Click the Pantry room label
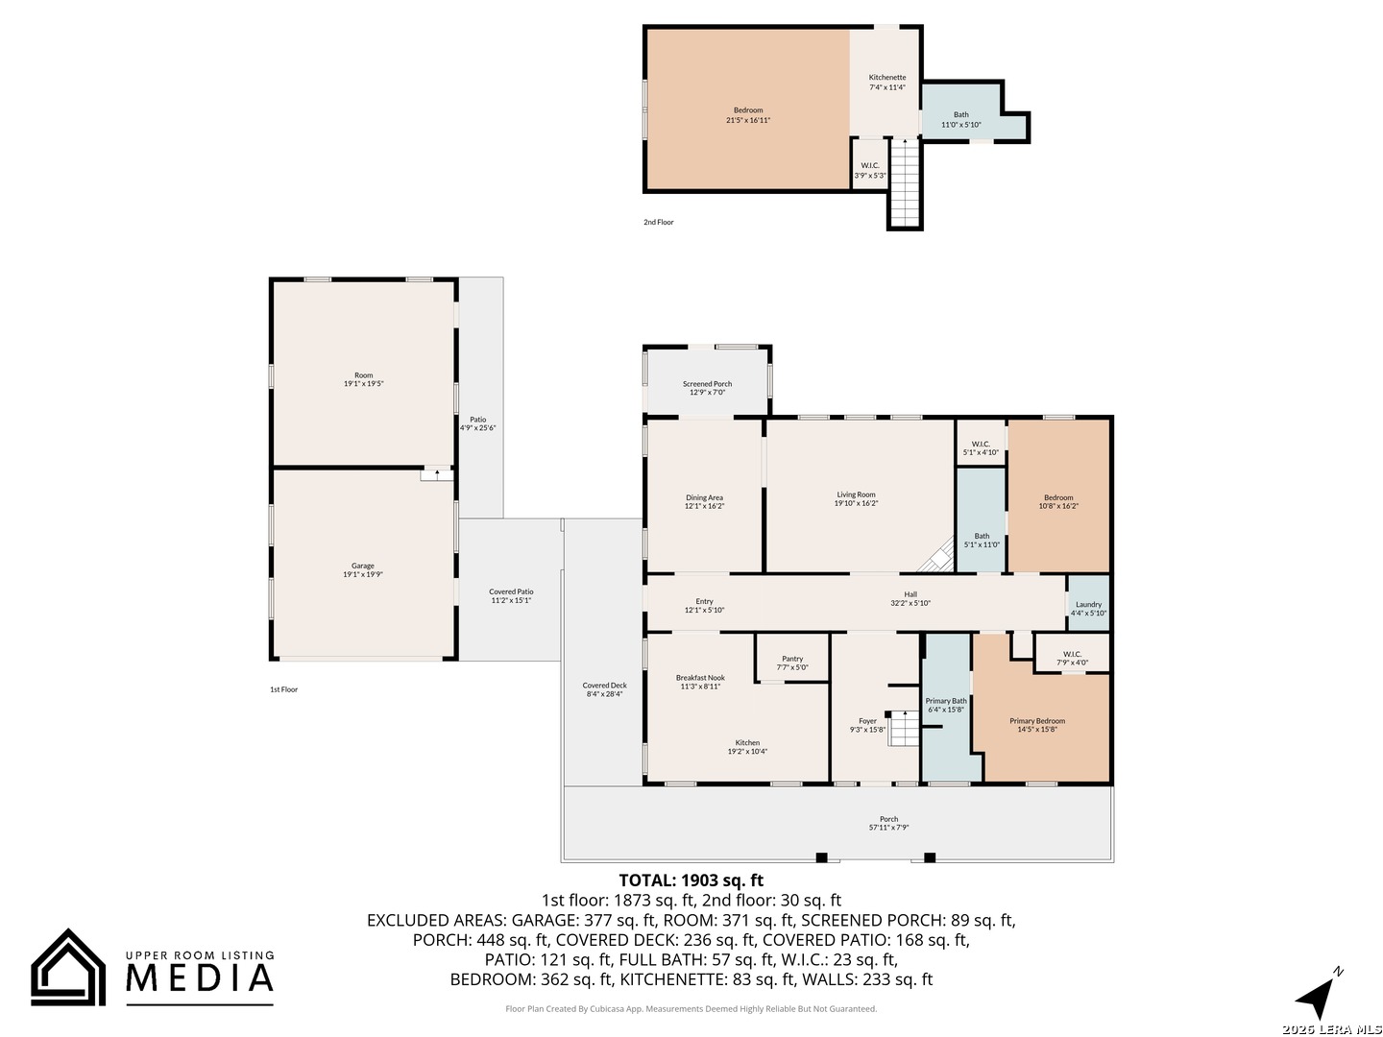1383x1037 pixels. coord(791,659)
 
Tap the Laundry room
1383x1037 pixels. coord(1087,603)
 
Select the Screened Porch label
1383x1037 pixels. coord(707,383)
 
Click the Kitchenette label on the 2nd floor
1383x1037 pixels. coord(887,78)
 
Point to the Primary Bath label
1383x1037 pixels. coord(945,701)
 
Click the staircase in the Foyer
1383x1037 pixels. coord(903,729)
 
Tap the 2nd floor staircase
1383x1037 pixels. coord(905,182)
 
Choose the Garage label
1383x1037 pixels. coord(362,566)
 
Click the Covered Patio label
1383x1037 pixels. coord(511,591)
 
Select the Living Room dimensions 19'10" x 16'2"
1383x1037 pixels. coord(856,503)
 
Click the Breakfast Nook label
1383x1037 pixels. coord(700,678)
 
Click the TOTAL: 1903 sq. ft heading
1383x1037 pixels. coord(691,880)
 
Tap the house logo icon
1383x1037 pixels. coord(68,967)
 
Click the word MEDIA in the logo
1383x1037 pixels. coord(200,977)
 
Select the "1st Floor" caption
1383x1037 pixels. coord(283,689)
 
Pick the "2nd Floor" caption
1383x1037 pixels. coord(659,222)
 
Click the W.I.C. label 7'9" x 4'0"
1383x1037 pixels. coord(1072,658)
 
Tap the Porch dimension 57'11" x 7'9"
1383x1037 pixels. coord(888,827)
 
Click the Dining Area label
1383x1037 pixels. coord(704,497)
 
